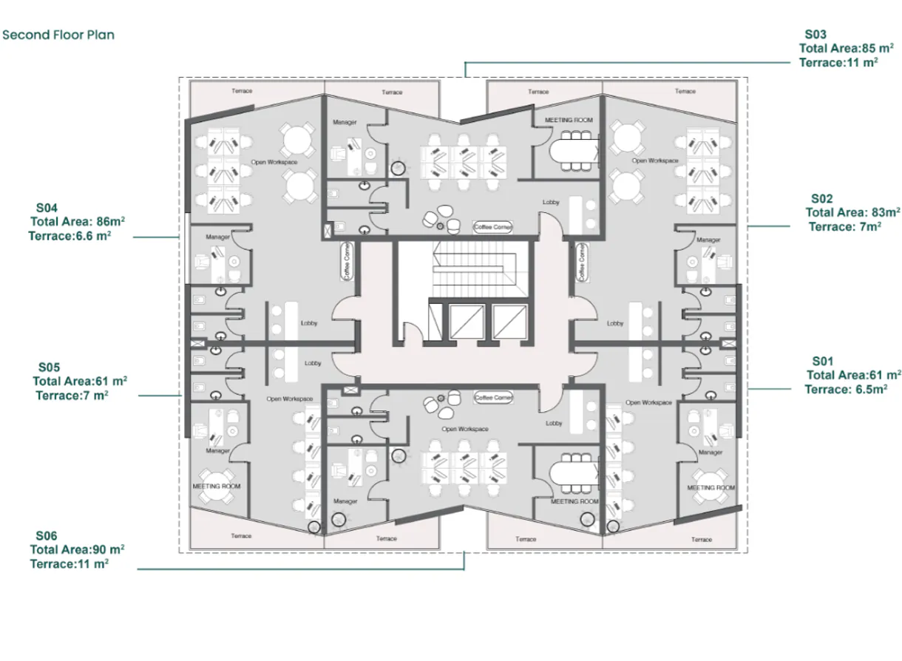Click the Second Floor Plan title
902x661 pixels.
tap(58, 35)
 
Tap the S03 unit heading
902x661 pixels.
tap(815, 34)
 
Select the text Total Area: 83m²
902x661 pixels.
tap(852, 213)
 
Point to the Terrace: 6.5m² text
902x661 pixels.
tap(846, 390)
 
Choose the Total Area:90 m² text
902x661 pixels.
tap(77, 550)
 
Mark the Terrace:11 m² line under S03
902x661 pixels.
tap(838, 63)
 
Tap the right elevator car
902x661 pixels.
tap(509, 319)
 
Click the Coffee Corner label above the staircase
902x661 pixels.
tap(493, 227)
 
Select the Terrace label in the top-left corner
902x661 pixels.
tap(242, 91)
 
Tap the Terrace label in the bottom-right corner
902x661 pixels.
tap(702, 540)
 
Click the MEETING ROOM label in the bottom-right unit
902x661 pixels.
tap(711, 488)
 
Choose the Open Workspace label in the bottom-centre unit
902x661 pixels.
tap(460, 429)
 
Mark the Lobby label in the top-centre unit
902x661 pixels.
tap(551, 202)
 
